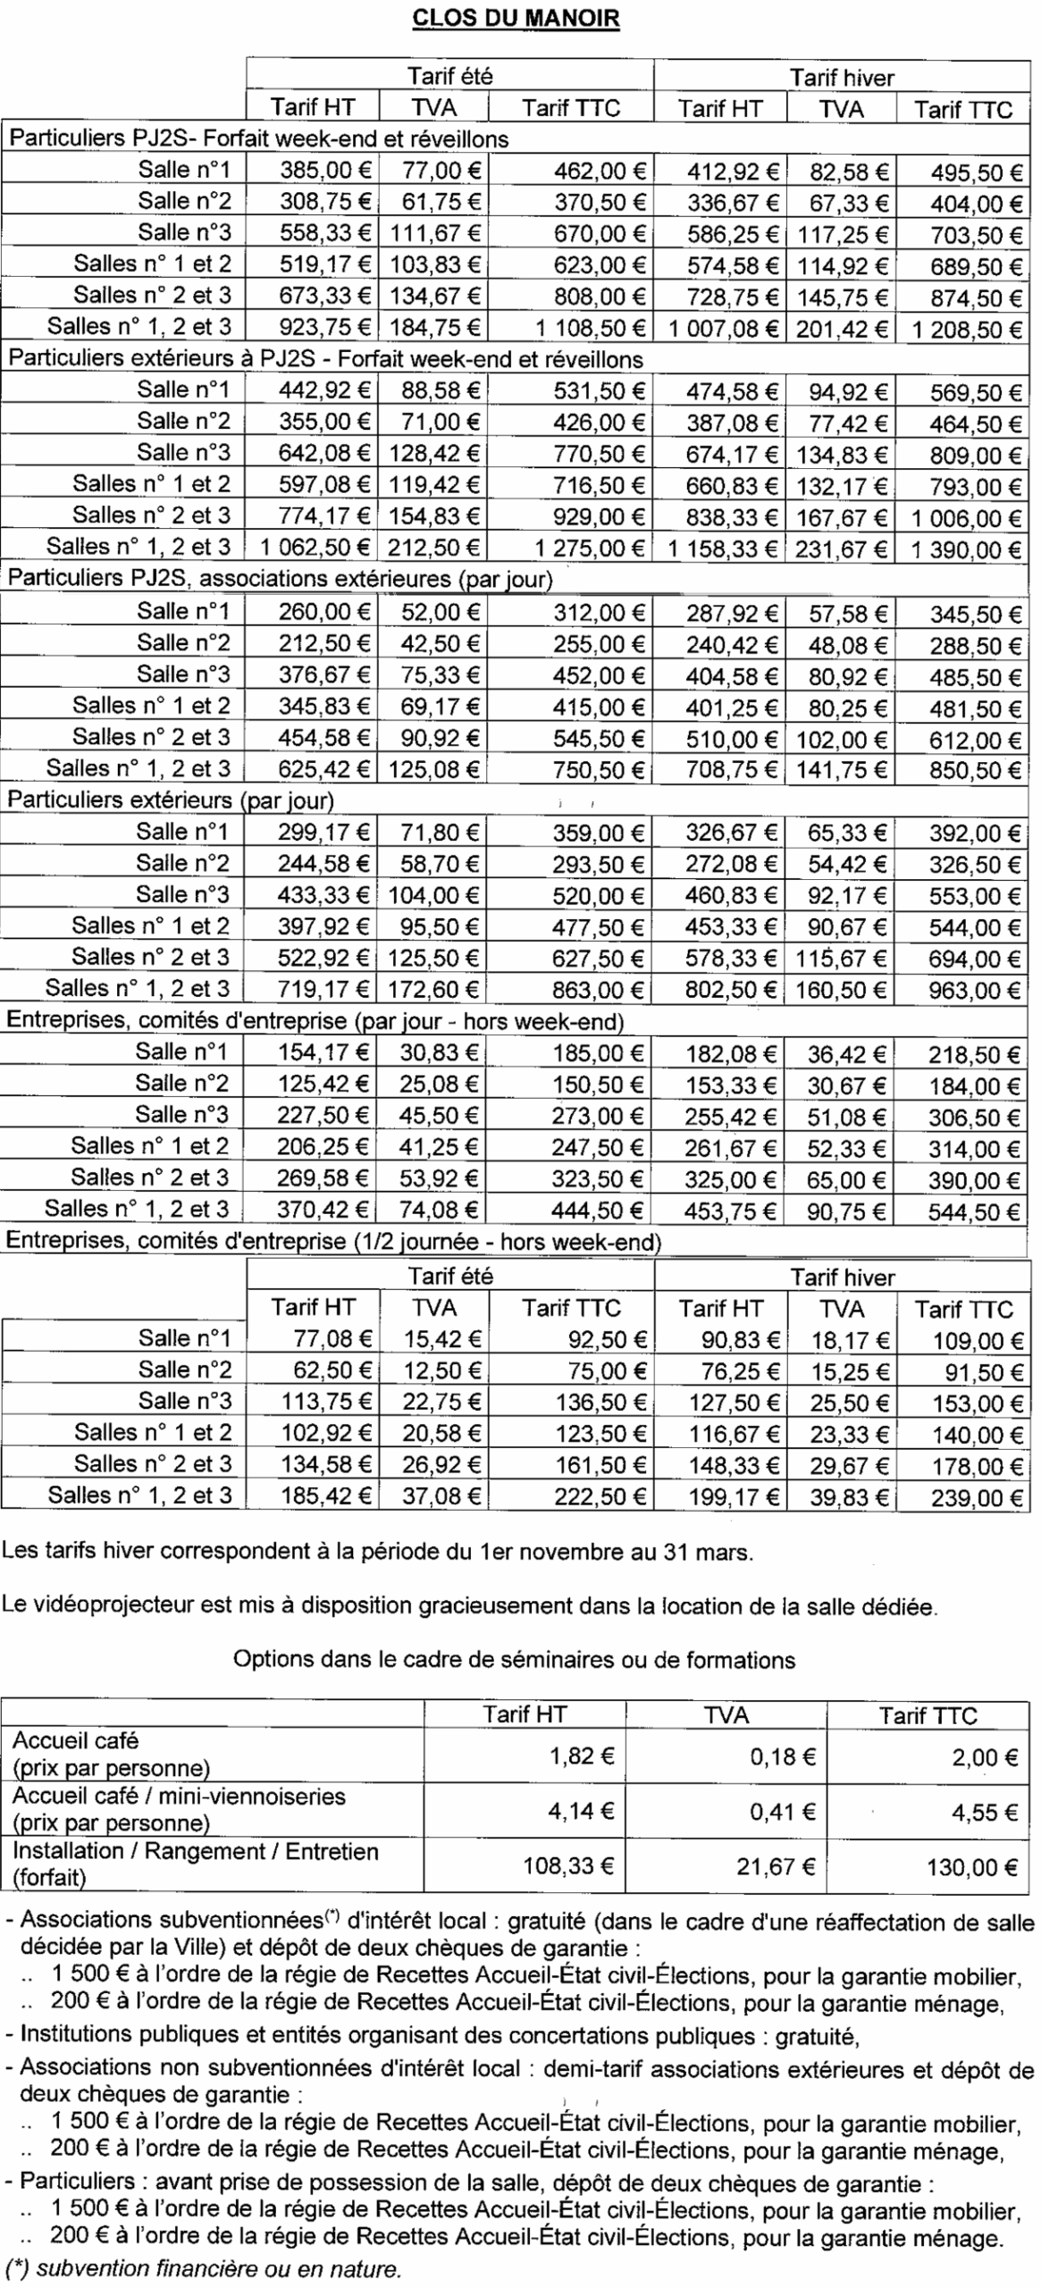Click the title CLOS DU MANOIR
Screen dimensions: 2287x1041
point(516,19)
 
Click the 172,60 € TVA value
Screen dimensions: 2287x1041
point(434,989)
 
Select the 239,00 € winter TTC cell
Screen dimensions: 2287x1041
point(977,1496)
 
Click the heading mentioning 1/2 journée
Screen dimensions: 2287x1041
point(334,1241)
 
